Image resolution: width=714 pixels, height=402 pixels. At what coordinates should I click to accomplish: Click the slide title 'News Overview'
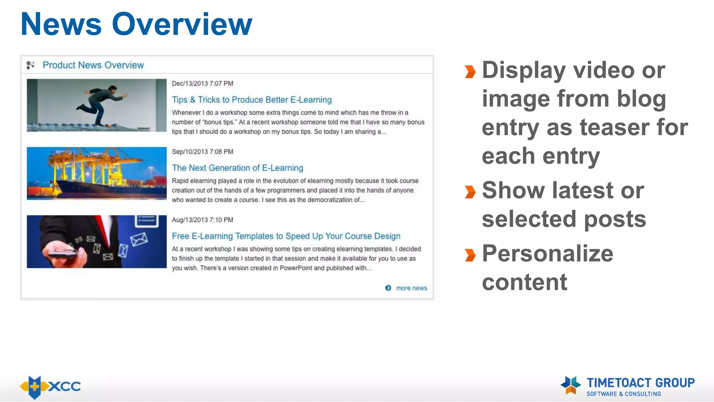(136, 24)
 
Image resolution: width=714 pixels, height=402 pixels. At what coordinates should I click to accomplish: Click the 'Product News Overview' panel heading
(93, 65)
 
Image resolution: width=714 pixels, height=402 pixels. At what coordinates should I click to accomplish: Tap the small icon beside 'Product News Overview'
(31, 65)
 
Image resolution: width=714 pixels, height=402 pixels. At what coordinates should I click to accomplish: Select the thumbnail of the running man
(97, 105)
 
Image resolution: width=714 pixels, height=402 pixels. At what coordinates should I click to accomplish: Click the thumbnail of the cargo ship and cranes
(97, 173)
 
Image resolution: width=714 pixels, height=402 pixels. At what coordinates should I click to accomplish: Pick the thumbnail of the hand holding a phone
(97, 241)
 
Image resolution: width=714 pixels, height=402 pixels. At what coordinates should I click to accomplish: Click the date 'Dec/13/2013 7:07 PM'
(203, 84)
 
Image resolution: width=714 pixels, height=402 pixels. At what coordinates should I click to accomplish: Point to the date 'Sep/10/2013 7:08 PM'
(203, 152)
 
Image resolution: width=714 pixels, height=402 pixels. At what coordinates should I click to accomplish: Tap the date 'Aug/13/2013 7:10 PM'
(203, 220)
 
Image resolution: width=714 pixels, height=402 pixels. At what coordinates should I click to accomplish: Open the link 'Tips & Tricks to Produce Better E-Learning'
(252, 100)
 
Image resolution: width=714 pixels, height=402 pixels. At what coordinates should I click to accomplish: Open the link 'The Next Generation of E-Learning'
(237, 168)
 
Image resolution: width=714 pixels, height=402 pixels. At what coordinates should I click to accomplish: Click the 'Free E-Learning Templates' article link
(286, 236)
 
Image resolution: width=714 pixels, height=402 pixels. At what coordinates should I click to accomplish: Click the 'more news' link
(411, 288)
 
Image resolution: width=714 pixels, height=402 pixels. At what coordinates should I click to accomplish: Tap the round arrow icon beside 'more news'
(388, 288)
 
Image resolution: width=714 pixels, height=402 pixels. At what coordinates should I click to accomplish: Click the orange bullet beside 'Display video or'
(470, 72)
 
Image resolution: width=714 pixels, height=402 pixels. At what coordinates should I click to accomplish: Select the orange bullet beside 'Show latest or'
(470, 192)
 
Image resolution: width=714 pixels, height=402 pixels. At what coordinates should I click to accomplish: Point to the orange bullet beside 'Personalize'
(470, 255)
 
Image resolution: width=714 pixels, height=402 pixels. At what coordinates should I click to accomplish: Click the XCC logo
(51, 387)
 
